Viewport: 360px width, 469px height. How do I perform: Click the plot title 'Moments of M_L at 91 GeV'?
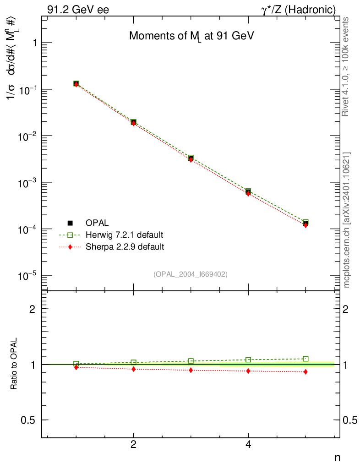pyautogui.click(x=191, y=37)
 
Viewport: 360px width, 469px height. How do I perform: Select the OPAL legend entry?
pyautogui.click(x=97, y=223)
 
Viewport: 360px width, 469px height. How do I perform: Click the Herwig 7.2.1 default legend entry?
pyautogui.click(x=124, y=235)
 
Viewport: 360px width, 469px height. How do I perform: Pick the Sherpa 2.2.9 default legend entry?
pyautogui.click(x=125, y=247)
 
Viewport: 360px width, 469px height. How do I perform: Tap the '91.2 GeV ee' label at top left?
pyautogui.click(x=78, y=10)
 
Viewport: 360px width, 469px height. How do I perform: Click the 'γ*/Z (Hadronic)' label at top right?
pyautogui.click(x=299, y=10)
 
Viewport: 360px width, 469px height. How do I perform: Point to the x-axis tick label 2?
pyautogui.click(x=133, y=444)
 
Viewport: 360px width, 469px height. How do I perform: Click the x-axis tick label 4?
pyautogui.click(x=248, y=444)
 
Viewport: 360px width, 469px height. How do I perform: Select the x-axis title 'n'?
pyautogui.click(x=337, y=457)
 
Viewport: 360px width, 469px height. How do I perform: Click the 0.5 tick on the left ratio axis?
pyautogui.click(x=30, y=420)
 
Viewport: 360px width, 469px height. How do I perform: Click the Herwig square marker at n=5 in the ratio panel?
pyautogui.click(x=305, y=359)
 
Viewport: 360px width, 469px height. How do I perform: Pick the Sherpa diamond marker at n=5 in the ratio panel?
pyautogui.click(x=305, y=372)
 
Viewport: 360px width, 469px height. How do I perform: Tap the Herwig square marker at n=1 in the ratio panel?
pyautogui.click(x=76, y=364)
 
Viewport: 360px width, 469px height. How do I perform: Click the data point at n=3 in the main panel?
pyautogui.click(x=191, y=158)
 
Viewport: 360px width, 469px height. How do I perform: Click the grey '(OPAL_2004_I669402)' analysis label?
pyautogui.click(x=191, y=274)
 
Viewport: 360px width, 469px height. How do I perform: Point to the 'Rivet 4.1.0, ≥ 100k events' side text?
pyautogui.click(x=346, y=66)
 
